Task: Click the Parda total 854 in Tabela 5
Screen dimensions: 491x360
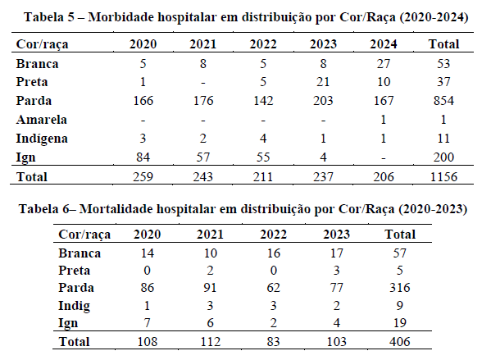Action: [443, 101]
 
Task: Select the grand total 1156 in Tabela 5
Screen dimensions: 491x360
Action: [443, 177]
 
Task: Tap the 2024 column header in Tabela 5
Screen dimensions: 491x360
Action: [384, 44]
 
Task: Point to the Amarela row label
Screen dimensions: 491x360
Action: [41, 120]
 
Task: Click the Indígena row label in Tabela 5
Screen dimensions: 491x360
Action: [42, 139]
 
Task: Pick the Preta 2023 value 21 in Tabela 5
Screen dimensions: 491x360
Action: [323, 82]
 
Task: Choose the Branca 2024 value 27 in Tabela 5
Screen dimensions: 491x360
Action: [384, 64]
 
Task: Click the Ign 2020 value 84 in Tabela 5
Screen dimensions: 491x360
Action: [143, 157]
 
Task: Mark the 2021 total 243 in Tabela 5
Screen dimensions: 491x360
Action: [203, 177]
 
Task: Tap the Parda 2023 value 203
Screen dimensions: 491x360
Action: [323, 101]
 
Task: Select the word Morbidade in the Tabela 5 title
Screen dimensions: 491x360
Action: [121, 17]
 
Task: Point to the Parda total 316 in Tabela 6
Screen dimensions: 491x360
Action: [399, 288]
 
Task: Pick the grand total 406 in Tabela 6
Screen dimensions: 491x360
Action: [399, 341]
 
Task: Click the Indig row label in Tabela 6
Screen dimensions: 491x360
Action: [74, 306]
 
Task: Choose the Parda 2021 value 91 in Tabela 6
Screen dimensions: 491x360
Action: [210, 288]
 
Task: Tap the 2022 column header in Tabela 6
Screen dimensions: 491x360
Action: [273, 235]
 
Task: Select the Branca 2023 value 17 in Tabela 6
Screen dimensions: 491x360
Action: [336, 253]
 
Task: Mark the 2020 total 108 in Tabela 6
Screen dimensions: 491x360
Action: [148, 341]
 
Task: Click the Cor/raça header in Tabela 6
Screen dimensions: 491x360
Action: [84, 235]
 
